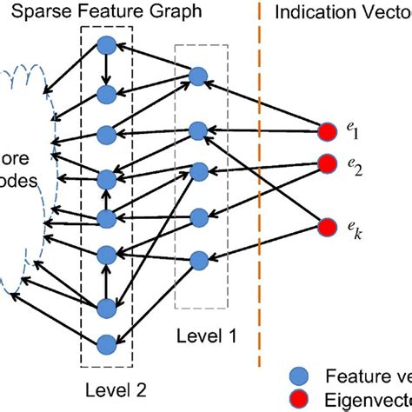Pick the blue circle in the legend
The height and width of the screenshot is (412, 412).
pos(295,376)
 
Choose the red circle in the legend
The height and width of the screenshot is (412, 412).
pos(295,401)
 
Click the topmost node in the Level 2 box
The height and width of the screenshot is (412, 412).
pos(107,46)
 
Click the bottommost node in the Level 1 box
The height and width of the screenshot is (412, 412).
pos(198,258)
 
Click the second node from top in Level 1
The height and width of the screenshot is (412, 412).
pos(197,131)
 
